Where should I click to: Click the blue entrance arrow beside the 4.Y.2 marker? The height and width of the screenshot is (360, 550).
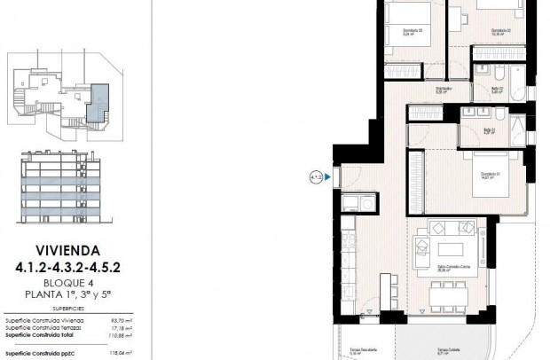click(328, 177)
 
